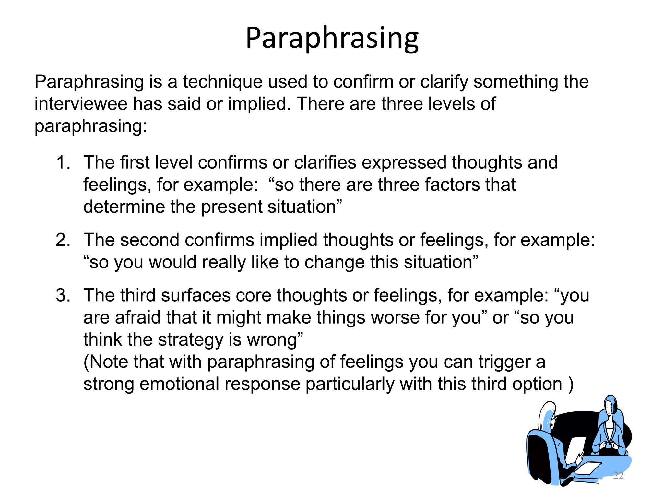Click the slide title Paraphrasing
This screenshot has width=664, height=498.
click(x=332, y=38)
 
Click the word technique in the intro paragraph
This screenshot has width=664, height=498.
click(x=222, y=82)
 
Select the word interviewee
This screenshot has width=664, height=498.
click(x=81, y=104)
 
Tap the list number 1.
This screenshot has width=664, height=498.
click(x=63, y=162)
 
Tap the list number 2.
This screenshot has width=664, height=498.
click(x=63, y=240)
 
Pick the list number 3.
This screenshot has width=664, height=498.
click(x=63, y=295)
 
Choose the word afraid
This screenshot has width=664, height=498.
click(x=137, y=317)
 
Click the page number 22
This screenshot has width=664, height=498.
click(x=618, y=475)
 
